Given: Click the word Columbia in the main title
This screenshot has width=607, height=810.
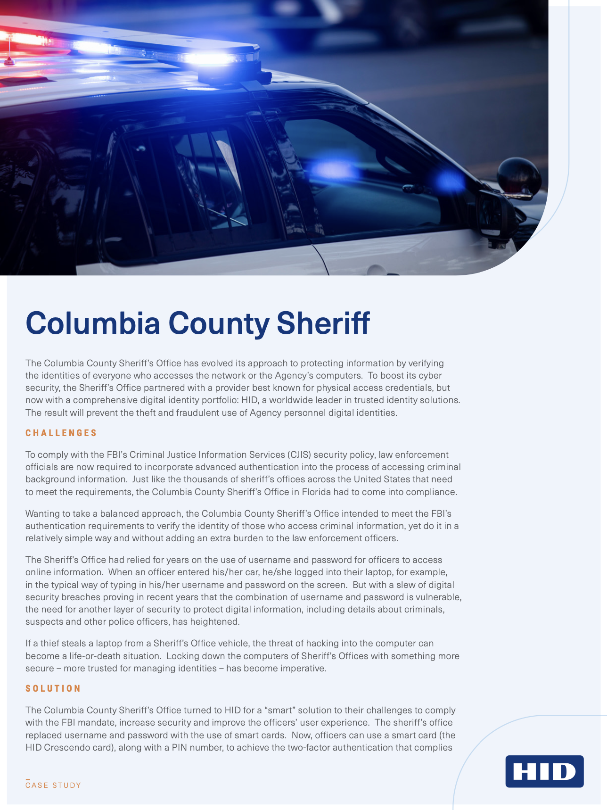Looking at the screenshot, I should (93, 323).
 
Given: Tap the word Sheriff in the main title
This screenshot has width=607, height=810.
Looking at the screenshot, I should (323, 323).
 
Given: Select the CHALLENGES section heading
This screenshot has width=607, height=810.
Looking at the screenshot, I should (61, 433).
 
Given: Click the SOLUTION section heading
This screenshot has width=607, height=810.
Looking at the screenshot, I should (53, 688).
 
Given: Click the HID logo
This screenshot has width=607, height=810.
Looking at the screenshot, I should (544, 771).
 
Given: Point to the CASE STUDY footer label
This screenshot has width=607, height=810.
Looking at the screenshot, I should (53, 785).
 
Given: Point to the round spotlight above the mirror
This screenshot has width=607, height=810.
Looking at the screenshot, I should (519, 177).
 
